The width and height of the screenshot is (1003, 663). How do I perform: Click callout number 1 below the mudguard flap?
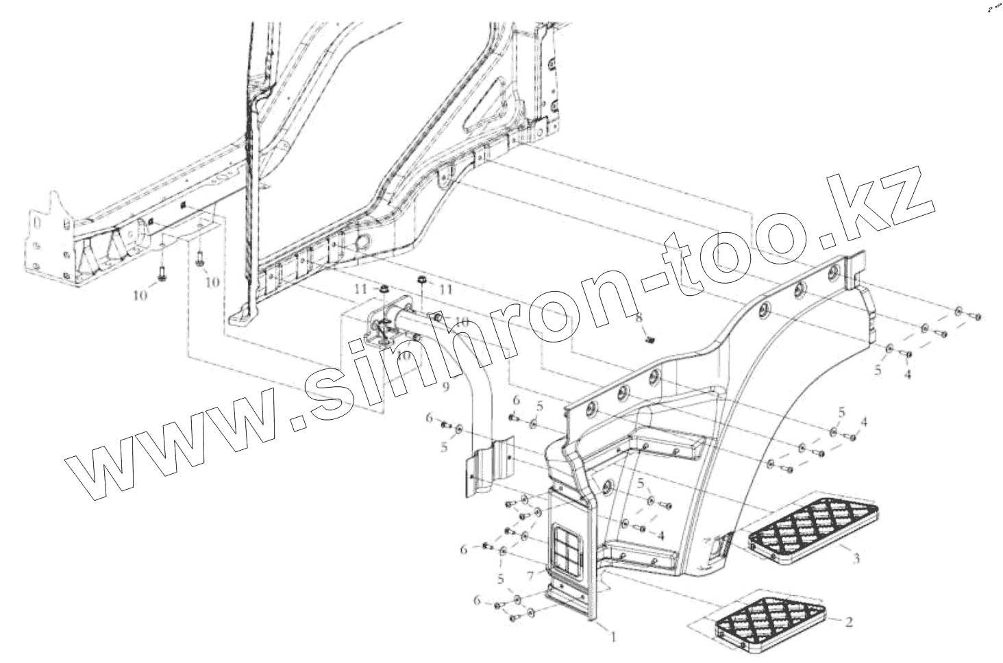point(613,637)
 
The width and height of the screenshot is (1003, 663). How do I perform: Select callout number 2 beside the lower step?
point(849,623)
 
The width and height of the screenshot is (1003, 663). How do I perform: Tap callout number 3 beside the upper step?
point(856,559)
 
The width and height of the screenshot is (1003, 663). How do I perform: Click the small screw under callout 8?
point(650,337)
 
